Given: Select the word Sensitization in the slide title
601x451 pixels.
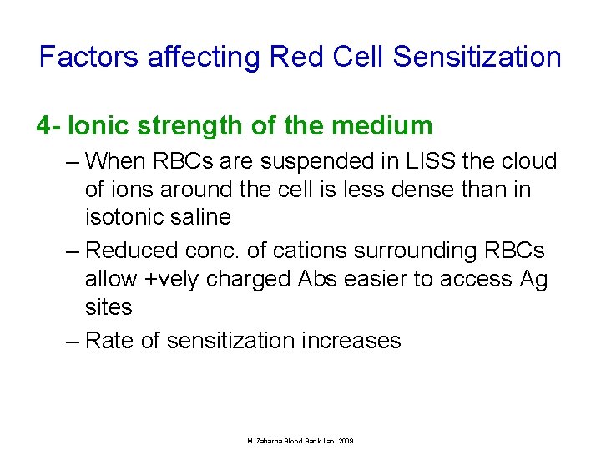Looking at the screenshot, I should (477, 58).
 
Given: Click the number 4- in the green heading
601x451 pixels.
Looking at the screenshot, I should (48, 126).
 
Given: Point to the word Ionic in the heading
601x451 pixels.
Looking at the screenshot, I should (95, 126).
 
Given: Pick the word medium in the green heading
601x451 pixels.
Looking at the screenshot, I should (382, 126).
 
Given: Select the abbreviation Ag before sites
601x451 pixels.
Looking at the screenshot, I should (533, 279).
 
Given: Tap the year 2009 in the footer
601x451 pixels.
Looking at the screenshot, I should (345, 440).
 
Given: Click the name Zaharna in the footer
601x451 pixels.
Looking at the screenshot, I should (269, 440).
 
